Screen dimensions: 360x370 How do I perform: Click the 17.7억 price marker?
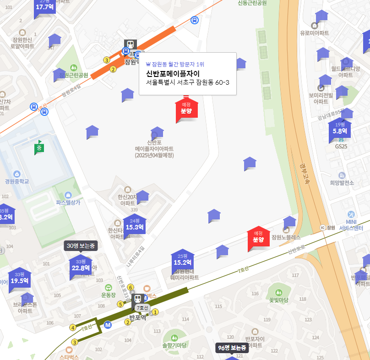pos(45,6)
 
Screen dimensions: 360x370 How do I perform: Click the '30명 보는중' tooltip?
pos(81,245)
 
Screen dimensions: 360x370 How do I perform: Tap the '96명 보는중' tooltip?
pos(232,348)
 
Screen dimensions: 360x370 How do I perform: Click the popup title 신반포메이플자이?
pos(173,73)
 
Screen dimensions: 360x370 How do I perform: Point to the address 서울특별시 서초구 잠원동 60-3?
pos(187,82)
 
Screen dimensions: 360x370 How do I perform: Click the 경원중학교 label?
pos(17,181)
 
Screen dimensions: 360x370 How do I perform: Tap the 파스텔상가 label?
pos(68,202)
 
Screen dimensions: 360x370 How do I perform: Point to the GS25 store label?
pos(341,147)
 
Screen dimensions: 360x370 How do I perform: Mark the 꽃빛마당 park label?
pos(278,300)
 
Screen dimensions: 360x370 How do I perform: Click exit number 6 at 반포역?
pos(131,287)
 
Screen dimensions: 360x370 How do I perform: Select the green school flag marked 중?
pos(39,147)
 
